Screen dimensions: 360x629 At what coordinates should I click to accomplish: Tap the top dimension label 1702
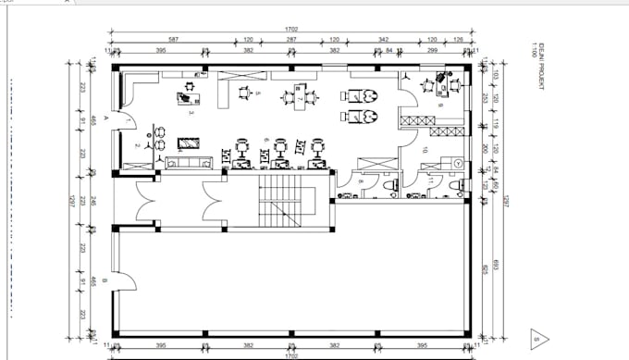pos(291,30)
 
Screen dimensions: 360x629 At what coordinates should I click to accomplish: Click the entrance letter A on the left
pos(107,120)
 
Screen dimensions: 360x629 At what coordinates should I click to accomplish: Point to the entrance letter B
pos(107,279)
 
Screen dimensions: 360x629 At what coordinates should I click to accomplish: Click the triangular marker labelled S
pos(539,339)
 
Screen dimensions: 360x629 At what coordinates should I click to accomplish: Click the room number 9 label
pos(440,106)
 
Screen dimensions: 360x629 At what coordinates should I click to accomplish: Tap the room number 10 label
pos(425,149)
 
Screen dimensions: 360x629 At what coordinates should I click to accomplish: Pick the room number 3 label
pos(191,113)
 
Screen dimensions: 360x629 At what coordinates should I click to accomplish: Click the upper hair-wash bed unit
pos(362,94)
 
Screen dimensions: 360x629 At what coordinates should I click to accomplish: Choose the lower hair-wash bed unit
pos(362,117)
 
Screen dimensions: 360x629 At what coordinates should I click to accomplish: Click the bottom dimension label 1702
pos(291,354)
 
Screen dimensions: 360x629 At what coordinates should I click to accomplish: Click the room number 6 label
pos(265,140)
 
